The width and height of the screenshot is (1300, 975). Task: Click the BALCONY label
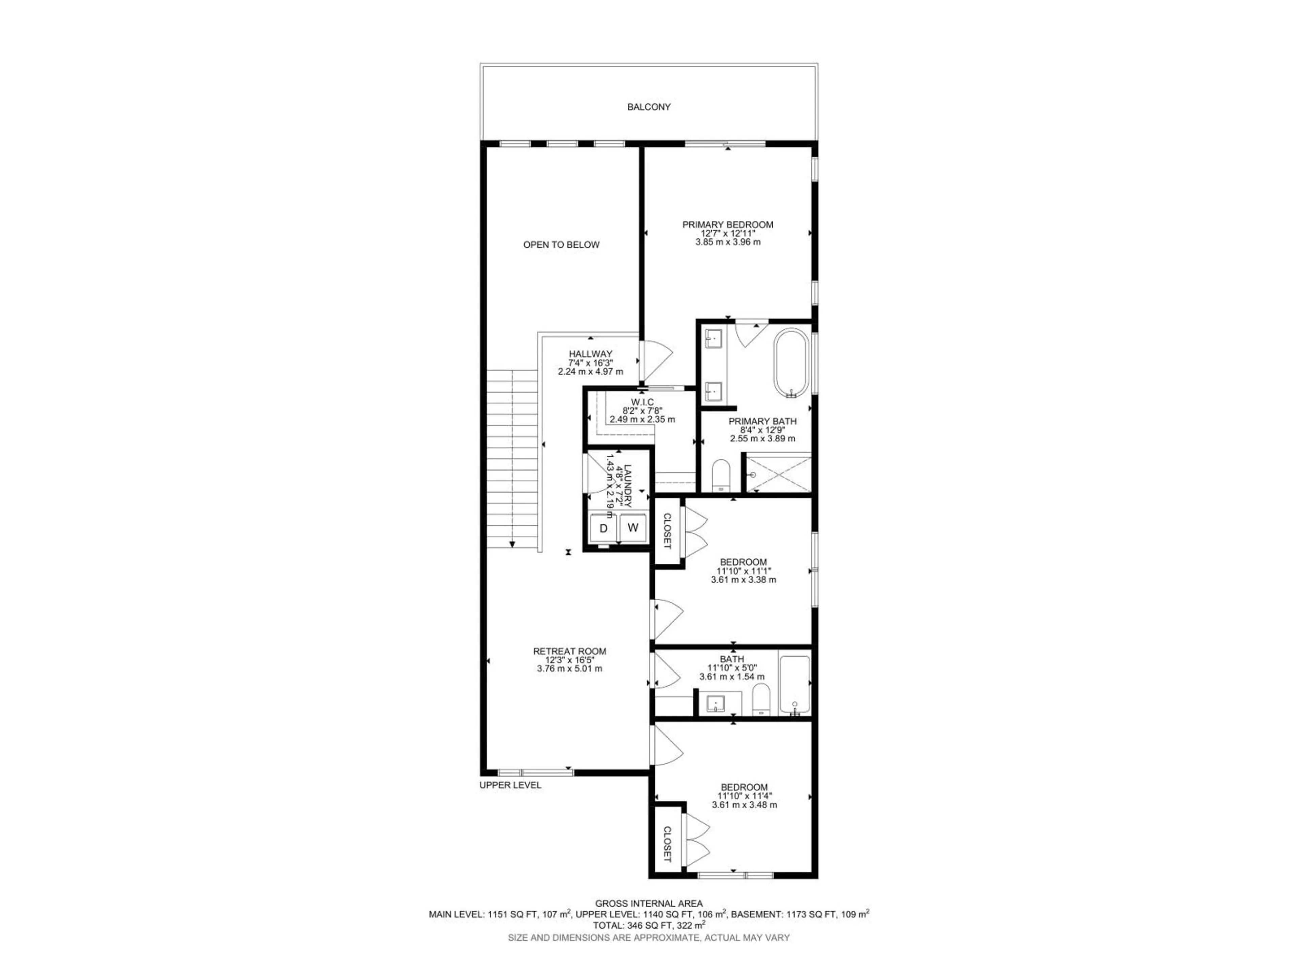point(649,107)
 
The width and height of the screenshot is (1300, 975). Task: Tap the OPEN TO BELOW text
point(561,244)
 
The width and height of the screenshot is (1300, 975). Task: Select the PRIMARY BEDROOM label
point(728,224)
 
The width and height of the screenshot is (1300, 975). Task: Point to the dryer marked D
point(603,528)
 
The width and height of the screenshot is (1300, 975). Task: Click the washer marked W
point(633,527)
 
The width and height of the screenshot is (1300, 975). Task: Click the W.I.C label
point(642,402)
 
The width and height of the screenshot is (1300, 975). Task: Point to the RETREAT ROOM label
point(569,651)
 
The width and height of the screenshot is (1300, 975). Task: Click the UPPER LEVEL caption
point(510,785)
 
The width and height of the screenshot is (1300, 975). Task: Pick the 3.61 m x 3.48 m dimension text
point(744,805)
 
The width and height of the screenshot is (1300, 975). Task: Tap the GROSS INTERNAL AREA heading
point(649,904)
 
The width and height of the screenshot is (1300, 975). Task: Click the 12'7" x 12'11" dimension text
point(728,233)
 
